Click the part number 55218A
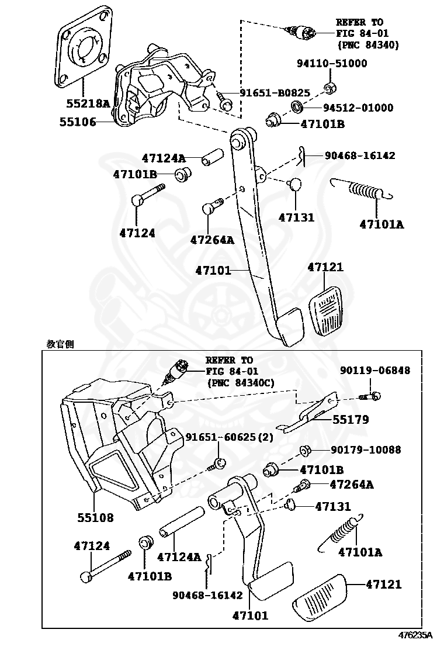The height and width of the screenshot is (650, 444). tap(88, 104)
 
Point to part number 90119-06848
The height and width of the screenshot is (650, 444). tap(374, 371)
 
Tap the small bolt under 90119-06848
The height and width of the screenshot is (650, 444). tap(372, 396)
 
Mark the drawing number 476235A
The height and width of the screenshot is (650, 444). tap(415, 635)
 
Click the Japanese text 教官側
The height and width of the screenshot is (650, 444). tap(60, 344)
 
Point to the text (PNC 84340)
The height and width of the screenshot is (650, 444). tap(367, 44)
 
